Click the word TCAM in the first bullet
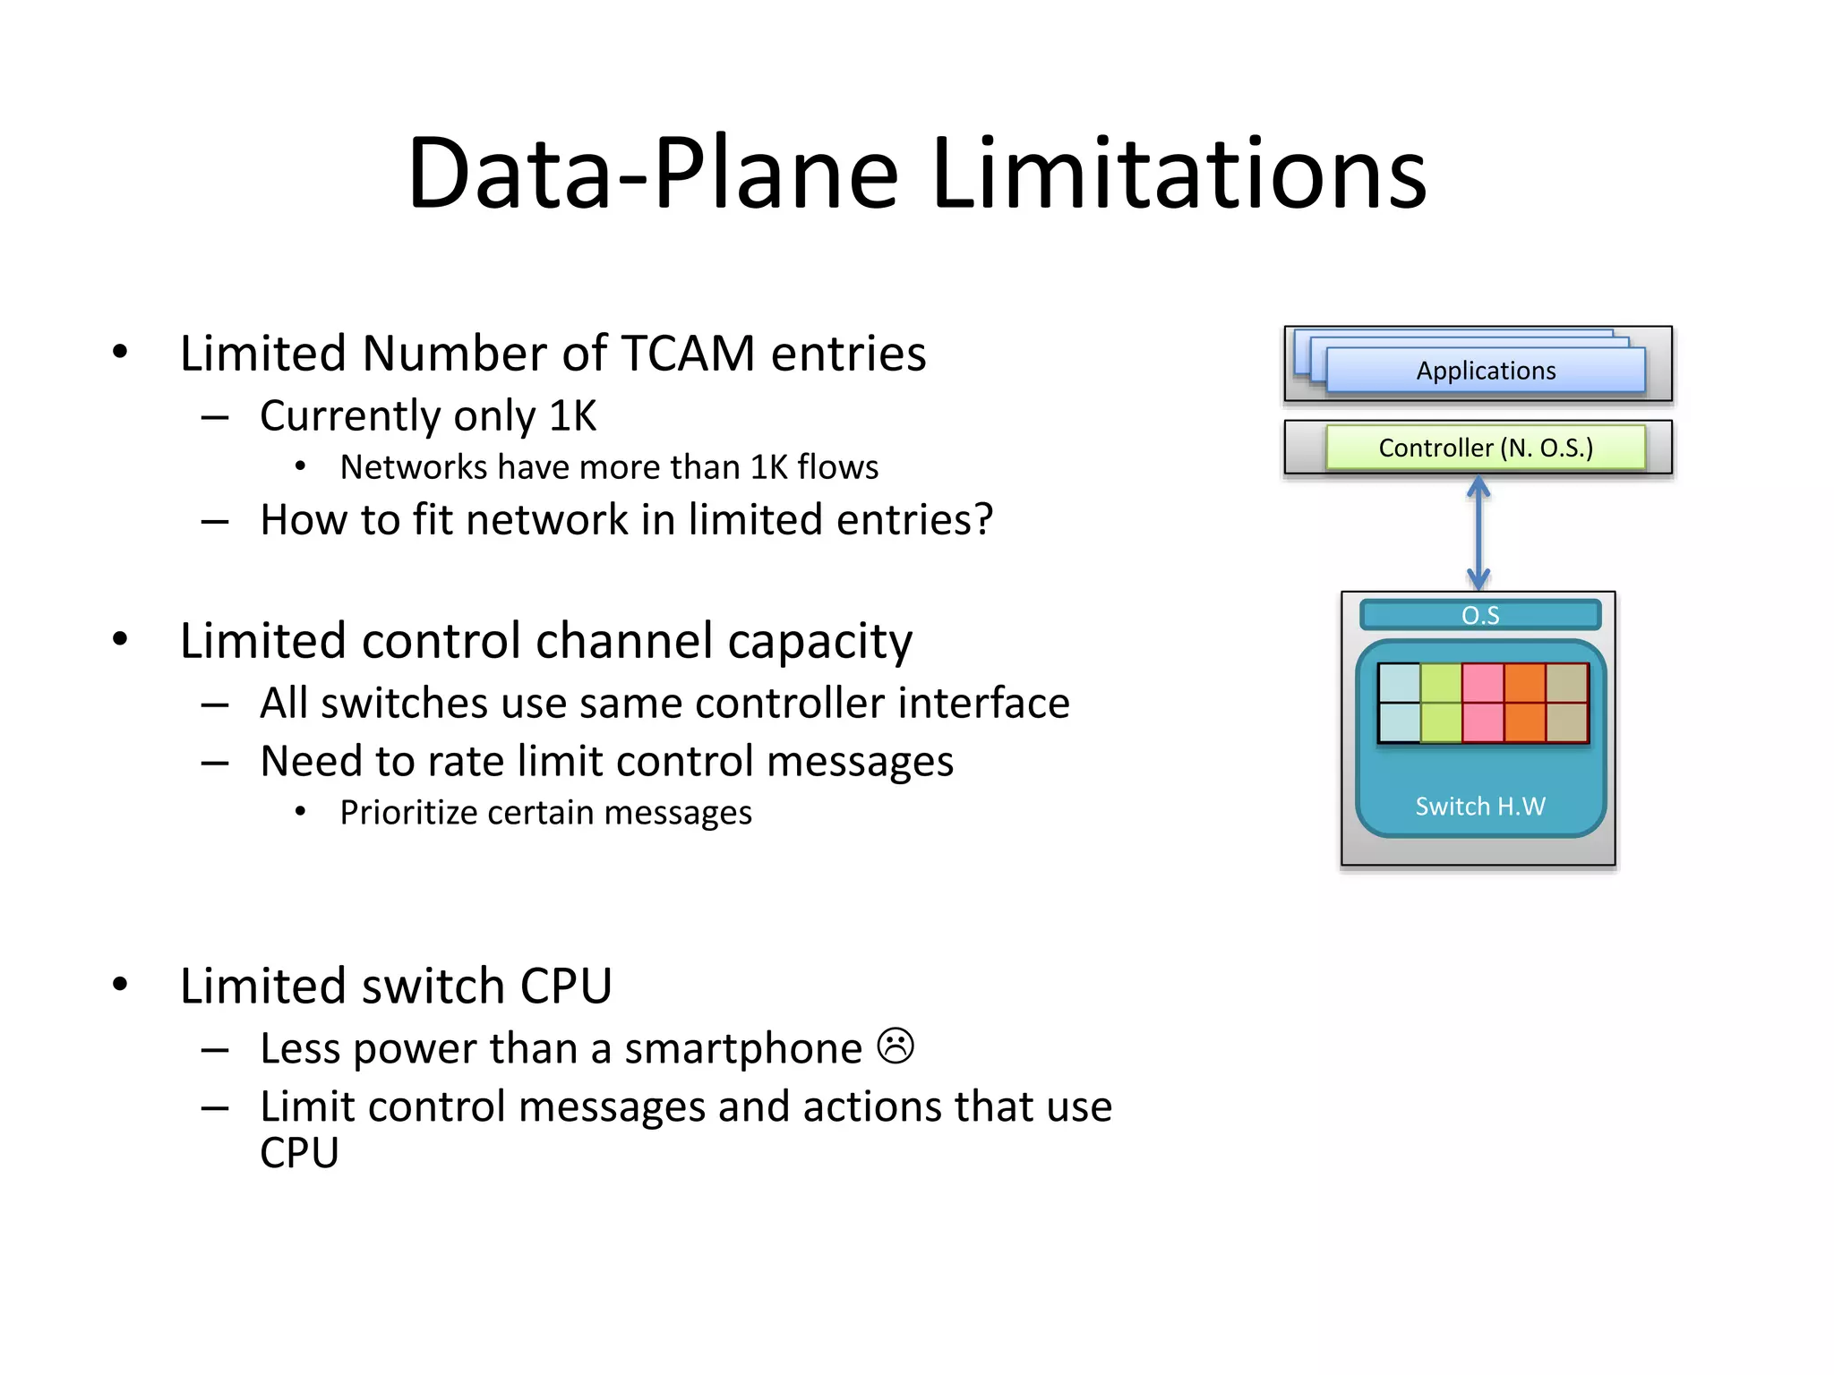688,354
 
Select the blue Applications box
1485,371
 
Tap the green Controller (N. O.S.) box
1485,448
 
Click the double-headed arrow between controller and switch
1478,534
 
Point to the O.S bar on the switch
1479,615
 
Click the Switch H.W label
1479,806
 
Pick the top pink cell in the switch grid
1483,683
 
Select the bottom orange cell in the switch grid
1524,722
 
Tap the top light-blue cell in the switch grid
1399,683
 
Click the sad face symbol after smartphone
896,1046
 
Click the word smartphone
743,1049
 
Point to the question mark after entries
983,519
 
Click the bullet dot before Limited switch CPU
120,985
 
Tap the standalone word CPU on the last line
299,1153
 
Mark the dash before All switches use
215,705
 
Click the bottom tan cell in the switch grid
1566,722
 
